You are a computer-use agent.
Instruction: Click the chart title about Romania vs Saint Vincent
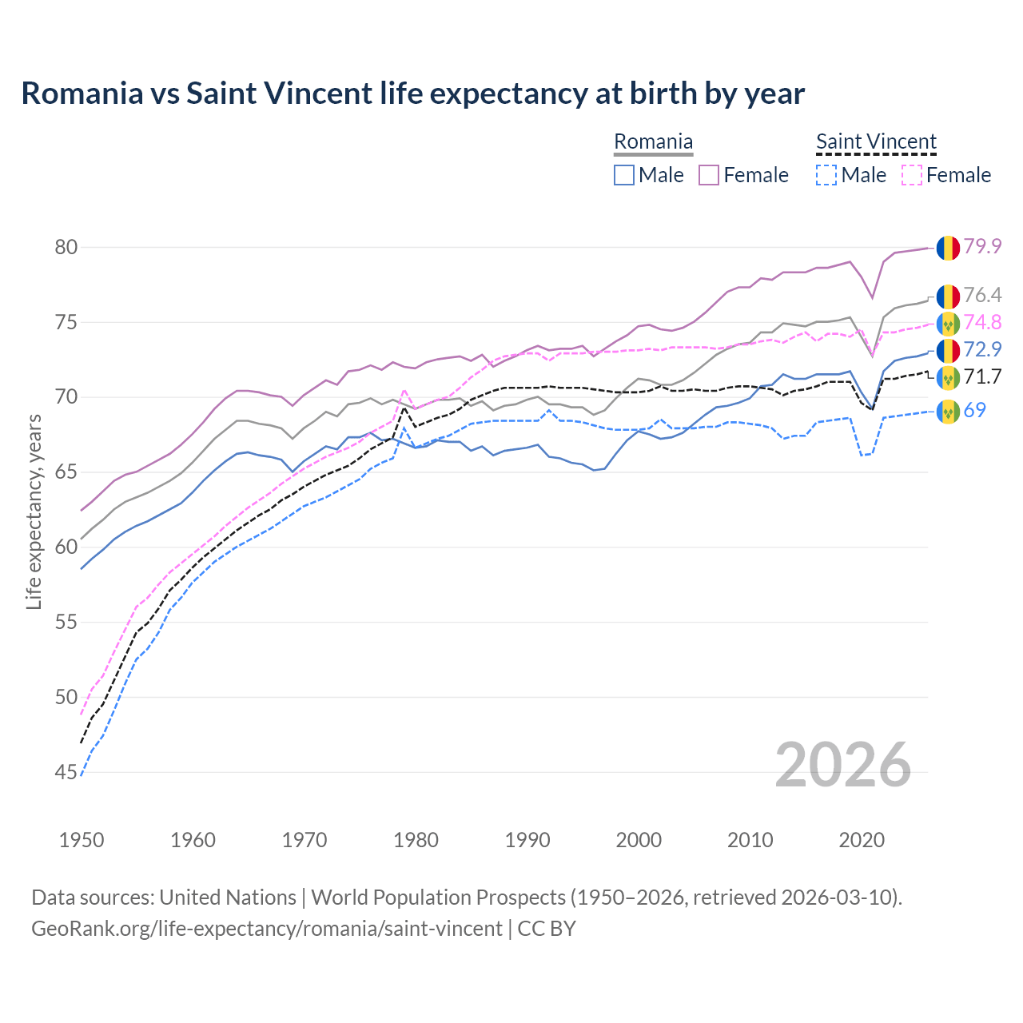412,94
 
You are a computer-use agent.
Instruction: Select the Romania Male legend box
624,175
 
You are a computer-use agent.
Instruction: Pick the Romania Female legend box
710,175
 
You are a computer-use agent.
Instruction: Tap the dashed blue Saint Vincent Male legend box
826,175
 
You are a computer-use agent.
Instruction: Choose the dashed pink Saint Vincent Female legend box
912,175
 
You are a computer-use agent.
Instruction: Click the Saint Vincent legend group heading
876,142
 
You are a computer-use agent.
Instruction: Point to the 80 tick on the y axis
66,247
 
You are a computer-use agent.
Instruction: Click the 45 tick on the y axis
66,772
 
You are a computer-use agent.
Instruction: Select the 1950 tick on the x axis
82,840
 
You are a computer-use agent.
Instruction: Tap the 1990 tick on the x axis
527,840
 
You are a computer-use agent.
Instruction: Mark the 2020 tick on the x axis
862,840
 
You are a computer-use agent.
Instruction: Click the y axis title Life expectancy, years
34,511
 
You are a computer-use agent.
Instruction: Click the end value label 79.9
982,246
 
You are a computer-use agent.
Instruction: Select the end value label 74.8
982,322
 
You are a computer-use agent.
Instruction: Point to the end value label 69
974,410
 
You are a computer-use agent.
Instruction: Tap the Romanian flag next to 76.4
948,297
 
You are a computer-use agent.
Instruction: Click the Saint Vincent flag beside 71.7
948,377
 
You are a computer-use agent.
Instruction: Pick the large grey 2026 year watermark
843,765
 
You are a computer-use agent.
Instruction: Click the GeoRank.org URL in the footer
267,929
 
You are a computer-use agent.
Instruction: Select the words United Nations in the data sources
228,897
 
